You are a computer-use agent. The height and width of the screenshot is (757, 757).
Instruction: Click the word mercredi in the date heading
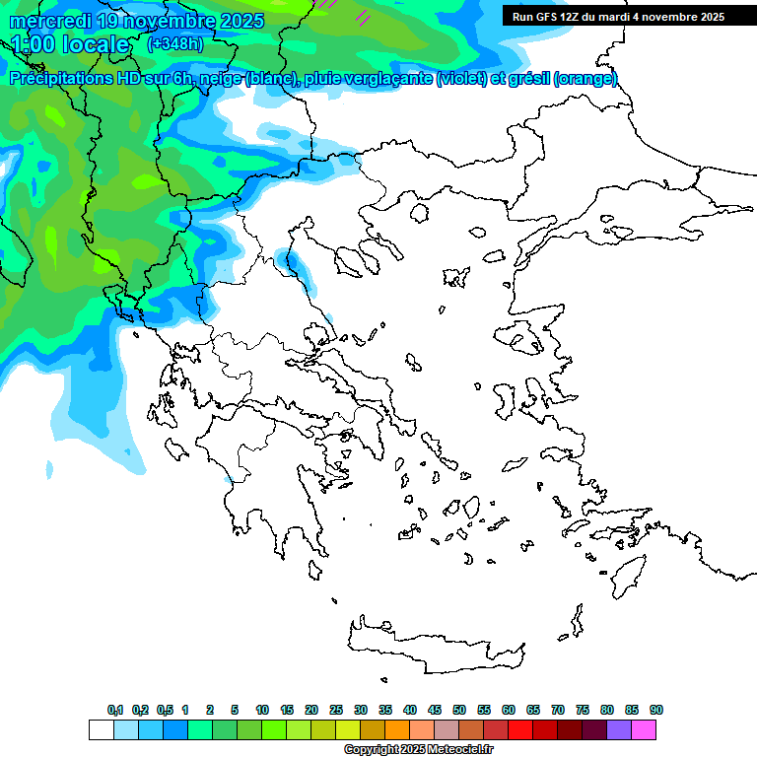(50, 21)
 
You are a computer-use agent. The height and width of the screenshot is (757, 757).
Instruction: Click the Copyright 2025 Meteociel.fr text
(418, 750)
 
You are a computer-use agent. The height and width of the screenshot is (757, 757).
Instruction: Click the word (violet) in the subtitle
(468, 79)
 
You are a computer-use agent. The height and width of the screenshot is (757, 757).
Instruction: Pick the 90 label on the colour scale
(656, 711)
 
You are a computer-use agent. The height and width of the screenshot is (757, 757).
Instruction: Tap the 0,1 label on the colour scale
(115, 711)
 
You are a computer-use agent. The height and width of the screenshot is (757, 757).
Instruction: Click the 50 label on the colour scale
(459, 711)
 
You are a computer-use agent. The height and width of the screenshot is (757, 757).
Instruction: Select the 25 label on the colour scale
(336, 711)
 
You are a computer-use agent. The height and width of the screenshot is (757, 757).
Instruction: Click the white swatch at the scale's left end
(101, 730)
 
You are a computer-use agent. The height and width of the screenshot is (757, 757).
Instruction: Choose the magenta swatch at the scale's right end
(644, 730)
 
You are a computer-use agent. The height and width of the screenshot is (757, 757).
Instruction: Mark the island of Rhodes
(628, 574)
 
